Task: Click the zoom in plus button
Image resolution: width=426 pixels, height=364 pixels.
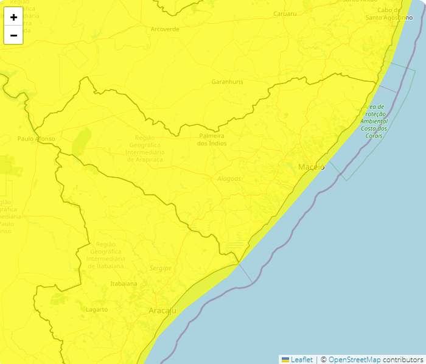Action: [x=13, y=17]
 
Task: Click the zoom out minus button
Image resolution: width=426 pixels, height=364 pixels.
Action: [x=13, y=35]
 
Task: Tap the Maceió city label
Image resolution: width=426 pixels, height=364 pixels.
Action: [x=311, y=167]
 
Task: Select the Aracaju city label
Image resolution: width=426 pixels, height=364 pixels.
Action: [x=162, y=311]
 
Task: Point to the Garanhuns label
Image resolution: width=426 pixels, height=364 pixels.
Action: [x=227, y=82]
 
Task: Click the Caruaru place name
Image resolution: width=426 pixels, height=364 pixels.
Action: [x=285, y=13]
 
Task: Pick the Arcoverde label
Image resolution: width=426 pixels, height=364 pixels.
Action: [x=165, y=29]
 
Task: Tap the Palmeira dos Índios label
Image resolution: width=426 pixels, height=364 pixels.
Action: [x=212, y=139]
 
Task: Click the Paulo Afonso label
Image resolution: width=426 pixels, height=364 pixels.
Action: [x=37, y=139]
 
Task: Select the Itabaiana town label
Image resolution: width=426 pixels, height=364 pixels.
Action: [x=124, y=284]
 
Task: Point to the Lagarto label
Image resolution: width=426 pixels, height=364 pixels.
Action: [x=97, y=310]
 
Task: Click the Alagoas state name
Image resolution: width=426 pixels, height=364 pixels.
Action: [x=229, y=179]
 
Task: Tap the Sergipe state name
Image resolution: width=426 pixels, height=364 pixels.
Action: [x=161, y=268]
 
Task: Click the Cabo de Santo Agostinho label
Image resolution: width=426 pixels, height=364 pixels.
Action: [x=389, y=14]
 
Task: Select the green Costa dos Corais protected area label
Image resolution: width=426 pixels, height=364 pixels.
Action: [x=374, y=121]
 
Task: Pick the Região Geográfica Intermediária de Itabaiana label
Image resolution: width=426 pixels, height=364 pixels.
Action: [x=105, y=255]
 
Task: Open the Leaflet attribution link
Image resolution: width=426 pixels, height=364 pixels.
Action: [x=301, y=360]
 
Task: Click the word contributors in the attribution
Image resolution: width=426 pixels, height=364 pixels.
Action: [x=403, y=360]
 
